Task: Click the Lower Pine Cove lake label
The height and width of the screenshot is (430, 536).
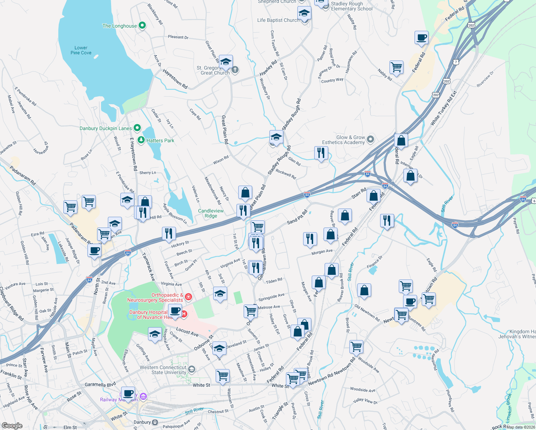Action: (x=81, y=50)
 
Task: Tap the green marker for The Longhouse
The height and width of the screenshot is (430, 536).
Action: (x=142, y=25)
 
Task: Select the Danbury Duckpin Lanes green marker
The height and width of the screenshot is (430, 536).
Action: (x=137, y=128)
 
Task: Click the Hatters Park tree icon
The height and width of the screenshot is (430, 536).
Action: (x=141, y=140)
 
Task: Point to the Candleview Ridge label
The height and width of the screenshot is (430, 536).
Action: (x=211, y=213)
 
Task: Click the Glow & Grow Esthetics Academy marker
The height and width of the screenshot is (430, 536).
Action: (x=371, y=139)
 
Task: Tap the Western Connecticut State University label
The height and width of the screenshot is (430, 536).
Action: (x=163, y=370)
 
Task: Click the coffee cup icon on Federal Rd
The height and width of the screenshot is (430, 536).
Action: (x=422, y=37)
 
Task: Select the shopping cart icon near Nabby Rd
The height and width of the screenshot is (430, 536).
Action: (x=396, y=67)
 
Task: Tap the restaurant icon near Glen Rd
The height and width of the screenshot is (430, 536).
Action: (x=321, y=153)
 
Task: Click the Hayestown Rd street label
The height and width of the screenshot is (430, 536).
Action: (x=175, y=78)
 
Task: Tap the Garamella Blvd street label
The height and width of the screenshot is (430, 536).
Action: (x=100, y=384)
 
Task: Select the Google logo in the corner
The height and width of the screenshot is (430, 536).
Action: (x=12, y=425)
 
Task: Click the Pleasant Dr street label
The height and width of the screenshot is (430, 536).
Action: (x=178, y=37)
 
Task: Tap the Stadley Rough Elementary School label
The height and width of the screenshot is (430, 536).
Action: (x=351, y=6)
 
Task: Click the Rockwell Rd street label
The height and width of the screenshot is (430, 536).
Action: (x=286, y=175)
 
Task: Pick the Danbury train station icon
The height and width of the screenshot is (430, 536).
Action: (x=155, y=422)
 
